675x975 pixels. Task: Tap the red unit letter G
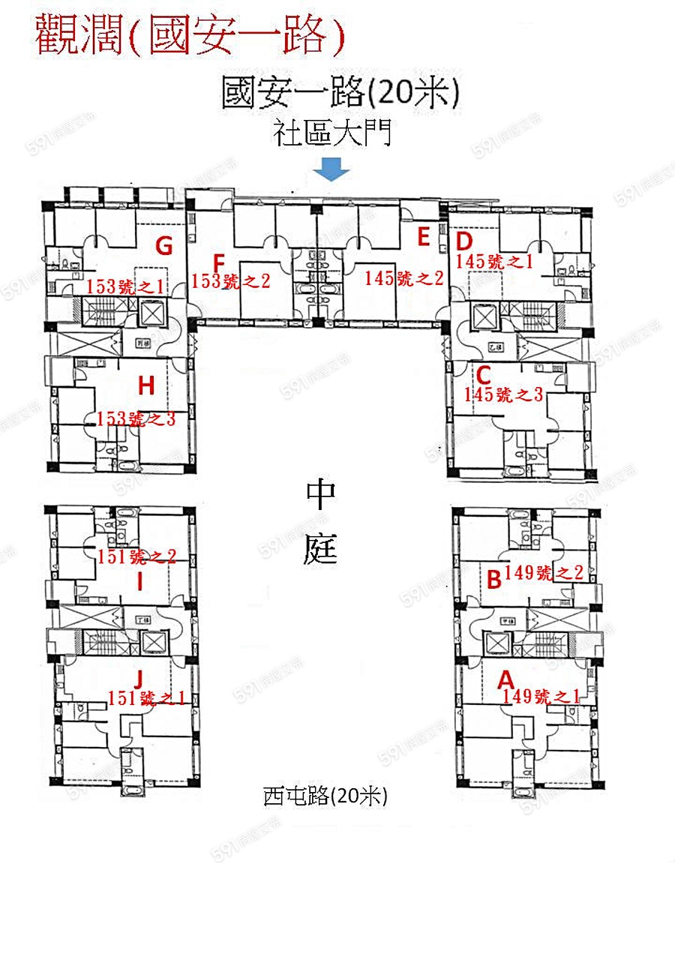click(163, 245)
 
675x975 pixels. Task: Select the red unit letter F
click(219, 263)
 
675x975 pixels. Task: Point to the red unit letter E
click(424, 238)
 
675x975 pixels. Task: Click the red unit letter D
click(464, 241)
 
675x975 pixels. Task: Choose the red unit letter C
click(484, 374)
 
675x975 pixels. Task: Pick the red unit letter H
click(146, 386)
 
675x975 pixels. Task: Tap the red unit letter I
click(140, 580)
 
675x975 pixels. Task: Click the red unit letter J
click(138, 679)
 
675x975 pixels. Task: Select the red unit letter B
click(493, 579)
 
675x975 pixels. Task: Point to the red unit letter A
click(506, 679)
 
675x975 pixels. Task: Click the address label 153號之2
click(231, 282)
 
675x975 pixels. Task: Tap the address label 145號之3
click(503, 394)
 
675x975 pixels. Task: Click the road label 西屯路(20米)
click(325, 796)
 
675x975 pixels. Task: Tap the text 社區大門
click(332, 135)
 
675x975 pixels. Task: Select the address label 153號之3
click(136, 419)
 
